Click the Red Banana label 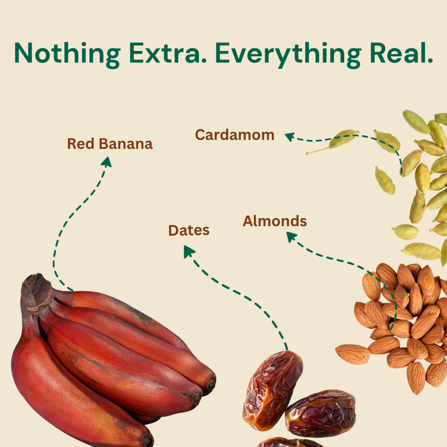[x=110, y=144]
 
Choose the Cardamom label [x=235, y=135]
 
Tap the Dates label [x=189, y=231]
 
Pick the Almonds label [x=274, y=221]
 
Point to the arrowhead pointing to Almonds [x=291, y=236]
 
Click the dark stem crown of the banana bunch [x=36, y=291]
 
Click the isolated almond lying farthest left [x=353, y=354]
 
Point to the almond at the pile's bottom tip [x=416, y=378]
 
